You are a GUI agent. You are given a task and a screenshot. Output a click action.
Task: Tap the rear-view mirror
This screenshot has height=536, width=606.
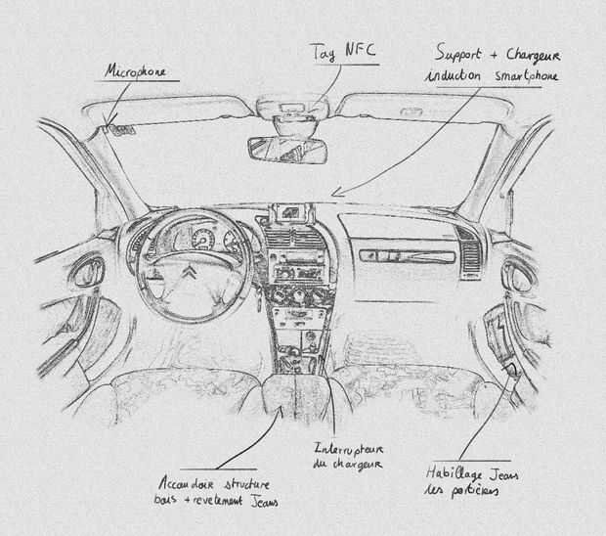[286, 149]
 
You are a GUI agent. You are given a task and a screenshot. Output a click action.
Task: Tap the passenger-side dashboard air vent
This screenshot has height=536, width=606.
[470, 249]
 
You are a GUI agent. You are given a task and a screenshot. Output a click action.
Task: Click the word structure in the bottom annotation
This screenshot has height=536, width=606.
[246, 483]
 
